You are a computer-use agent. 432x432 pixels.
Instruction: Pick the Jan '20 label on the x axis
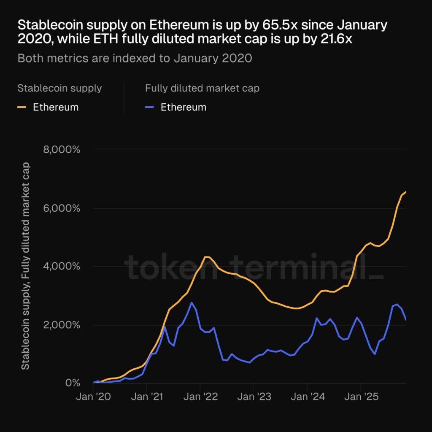(x=93, y=397)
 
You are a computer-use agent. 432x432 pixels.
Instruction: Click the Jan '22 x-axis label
(x=200, y=397)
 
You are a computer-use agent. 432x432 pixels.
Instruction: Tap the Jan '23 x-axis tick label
(x=254, y=397)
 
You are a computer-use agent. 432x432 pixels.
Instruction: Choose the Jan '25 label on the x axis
(x=361, y=397)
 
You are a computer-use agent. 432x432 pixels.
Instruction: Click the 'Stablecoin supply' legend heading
(x=59, y=88)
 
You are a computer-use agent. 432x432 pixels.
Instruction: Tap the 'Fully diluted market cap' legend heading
(x=202, y=88)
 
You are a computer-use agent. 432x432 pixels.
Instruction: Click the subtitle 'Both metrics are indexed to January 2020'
(x=135, y=58)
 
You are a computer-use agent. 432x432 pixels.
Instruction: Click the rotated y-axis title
(x=26, y=266)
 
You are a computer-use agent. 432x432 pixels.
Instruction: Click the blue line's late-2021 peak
(x=192, y=302)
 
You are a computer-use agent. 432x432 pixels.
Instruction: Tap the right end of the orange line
(x=405, y=192)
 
